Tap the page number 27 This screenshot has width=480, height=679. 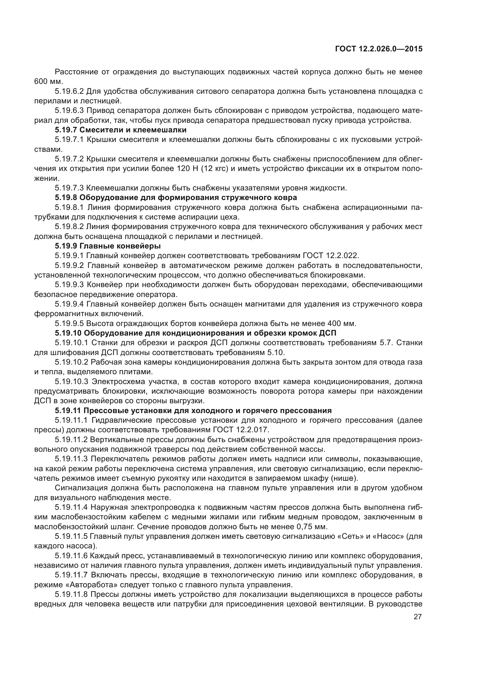coord(417,617)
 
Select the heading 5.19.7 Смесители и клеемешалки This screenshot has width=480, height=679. coord(121,130)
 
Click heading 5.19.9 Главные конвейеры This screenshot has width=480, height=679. coord(108,246)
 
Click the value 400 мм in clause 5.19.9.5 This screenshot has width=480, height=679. coord(341,323)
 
